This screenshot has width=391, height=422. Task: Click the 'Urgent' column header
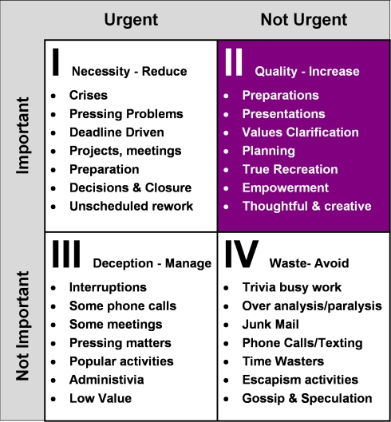131,20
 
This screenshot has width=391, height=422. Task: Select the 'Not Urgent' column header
304,20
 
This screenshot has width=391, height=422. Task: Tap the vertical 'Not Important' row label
23,326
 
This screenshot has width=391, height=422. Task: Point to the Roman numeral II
234,62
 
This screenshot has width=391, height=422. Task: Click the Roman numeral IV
242,254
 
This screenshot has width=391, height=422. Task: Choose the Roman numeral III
66,254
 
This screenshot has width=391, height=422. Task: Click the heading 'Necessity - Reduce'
129,72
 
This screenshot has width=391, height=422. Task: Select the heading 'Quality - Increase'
307,72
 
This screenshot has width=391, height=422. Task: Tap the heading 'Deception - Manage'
152,263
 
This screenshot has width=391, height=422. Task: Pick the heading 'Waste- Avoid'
309,263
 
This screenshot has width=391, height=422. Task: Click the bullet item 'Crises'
89,95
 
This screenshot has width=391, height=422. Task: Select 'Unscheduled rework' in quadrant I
132,207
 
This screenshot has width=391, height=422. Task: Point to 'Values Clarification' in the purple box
301,132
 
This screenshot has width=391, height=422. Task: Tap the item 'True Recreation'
290,170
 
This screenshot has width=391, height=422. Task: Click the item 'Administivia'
107,380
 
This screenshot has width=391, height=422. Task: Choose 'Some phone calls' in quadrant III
123,306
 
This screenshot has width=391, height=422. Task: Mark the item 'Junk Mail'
271,325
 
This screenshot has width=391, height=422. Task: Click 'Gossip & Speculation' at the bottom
307,399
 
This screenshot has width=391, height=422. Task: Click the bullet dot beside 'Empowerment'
226,188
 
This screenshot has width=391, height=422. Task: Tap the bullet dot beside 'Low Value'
53,399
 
